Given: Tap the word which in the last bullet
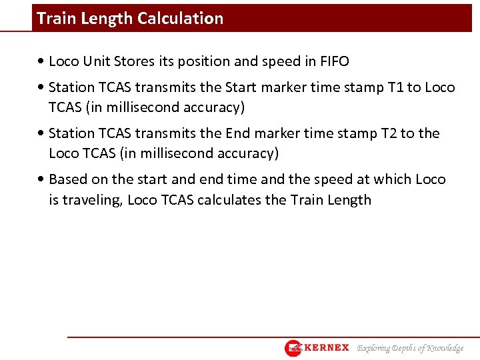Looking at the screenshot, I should pos(393,179).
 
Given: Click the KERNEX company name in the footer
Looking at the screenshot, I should pos(327,347).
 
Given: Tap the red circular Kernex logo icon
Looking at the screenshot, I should pos(293,348).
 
